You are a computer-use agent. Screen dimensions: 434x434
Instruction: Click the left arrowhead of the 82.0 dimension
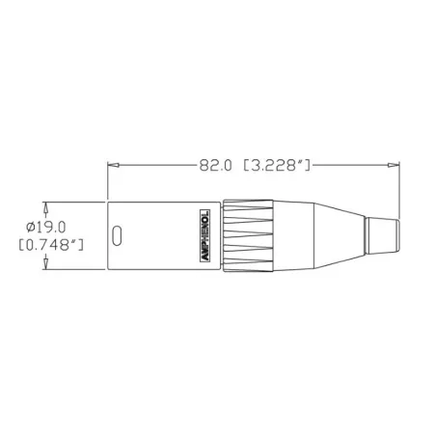[x=110, y=165]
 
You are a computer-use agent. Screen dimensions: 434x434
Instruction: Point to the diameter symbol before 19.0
[x=32, y=226]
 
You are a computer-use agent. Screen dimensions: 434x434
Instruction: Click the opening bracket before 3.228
[x=243, y=165]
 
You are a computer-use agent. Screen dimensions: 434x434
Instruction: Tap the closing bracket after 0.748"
[x=85, y=245]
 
